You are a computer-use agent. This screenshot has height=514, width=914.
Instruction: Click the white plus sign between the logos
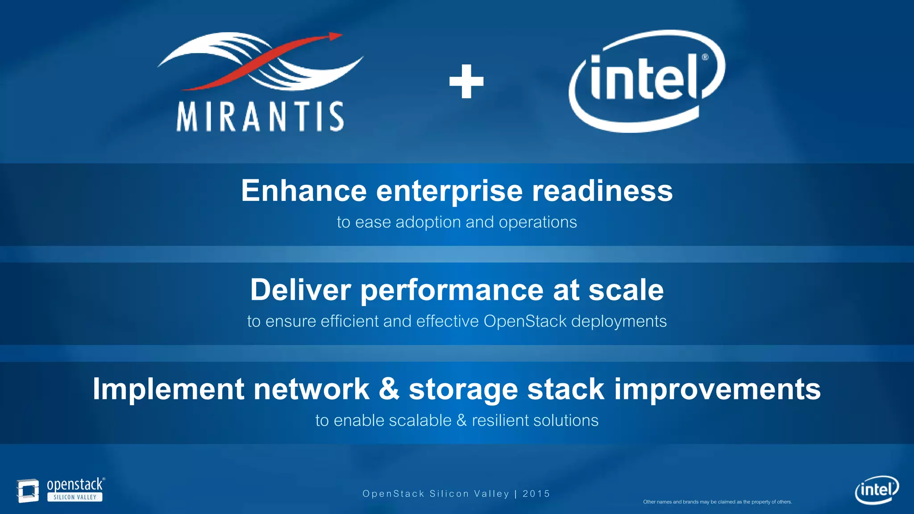click(x=466, y=82)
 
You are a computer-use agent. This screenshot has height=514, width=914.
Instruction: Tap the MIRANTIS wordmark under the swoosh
click(x=260, y=117)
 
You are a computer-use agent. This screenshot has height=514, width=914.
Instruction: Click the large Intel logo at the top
click(x=646, y=81)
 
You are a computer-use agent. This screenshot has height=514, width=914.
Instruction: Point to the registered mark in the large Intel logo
click(x=705, y=57)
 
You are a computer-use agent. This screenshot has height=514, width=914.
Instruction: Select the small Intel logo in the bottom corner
click(x=877, y=490)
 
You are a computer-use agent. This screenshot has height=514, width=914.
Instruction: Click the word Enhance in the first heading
click(x=303, y=191)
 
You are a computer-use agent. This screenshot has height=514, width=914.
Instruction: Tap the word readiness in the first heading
click(x=602, y=191)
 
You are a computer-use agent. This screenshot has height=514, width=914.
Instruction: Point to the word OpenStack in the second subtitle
click(x=525, y=321)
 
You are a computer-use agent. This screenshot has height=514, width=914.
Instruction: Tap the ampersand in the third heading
click(x=389, y=389)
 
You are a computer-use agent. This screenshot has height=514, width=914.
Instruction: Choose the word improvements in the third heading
click(x=717, y=389)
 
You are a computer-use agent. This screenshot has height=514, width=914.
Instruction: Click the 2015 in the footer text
click(x=536, y=494)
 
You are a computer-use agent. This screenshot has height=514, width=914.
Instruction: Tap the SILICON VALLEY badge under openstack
click(x=75, y=497)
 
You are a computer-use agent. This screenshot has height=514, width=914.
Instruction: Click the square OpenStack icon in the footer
click(x=28, y=490)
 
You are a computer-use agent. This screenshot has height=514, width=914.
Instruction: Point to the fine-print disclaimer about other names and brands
click(x=717, y=502)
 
